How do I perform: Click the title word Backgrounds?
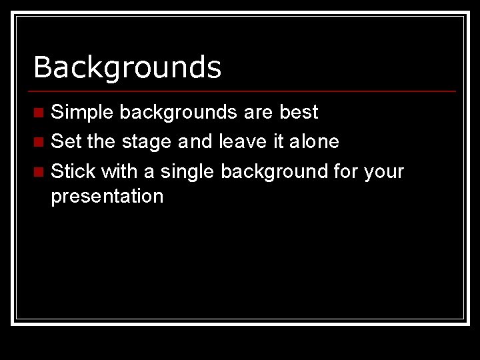[x=127, y=67]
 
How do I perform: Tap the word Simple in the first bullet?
[x=82, y=113]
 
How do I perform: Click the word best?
[x=299, y=112]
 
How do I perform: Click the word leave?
[x=242, y=141]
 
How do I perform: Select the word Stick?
[x=73, y=171]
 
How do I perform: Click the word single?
[x=187, y=172]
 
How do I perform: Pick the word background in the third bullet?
[x=273, y=171]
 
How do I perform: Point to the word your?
[x=384, y=172]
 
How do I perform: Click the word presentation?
[x=107, y=197]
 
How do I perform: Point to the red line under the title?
[x=244, y=91]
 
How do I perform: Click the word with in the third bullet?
[x=119, y=171]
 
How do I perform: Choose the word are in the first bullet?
[x=258, y=113]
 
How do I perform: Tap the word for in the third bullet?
[x=345, y=171]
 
